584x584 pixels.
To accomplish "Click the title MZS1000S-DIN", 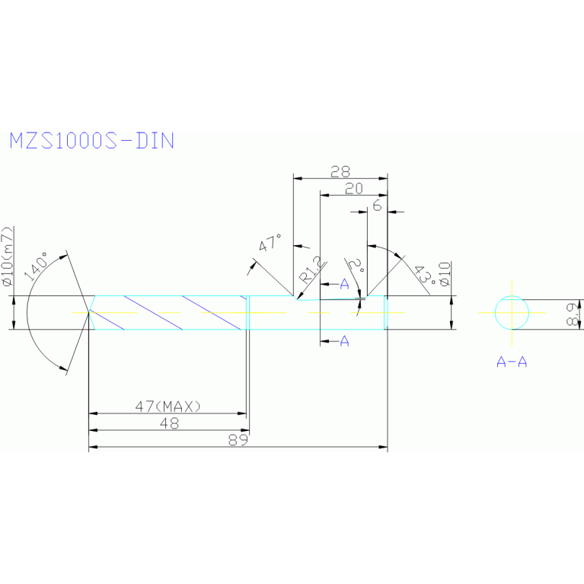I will point(91,141).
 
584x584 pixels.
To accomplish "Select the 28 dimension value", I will point(340,171).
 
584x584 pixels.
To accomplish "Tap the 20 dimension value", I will point(353,190).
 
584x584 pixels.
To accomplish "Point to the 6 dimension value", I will point(377,206).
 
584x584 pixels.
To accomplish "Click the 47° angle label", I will point(270,245).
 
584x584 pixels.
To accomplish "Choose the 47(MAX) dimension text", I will point(168,407).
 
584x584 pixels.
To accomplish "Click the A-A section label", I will point(512,362).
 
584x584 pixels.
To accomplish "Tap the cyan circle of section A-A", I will point(512,312).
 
